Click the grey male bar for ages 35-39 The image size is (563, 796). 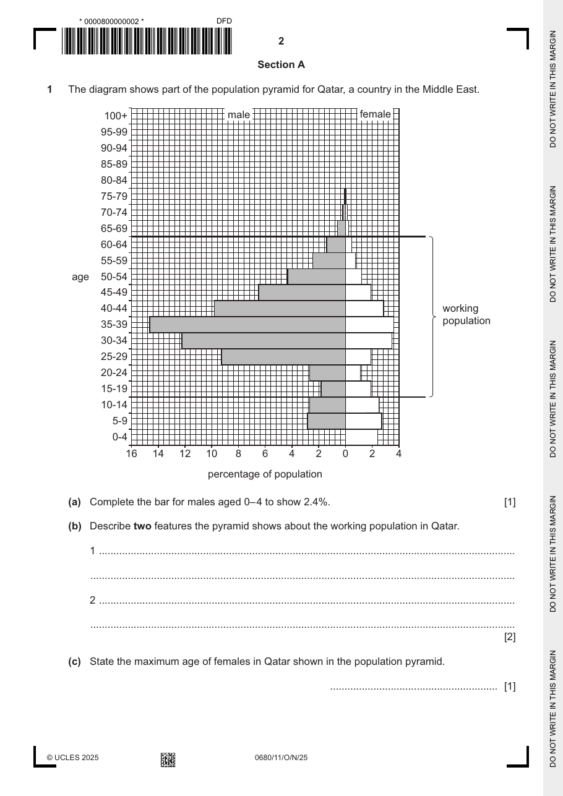pos(247,325)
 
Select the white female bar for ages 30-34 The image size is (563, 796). pos(369,340)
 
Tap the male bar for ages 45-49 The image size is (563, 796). pos(302,292)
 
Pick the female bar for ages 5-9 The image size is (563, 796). pos(364,421)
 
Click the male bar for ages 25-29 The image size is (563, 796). pos(283,356)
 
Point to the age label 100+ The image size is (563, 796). pos(116,116)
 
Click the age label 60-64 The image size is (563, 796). pos(114,244)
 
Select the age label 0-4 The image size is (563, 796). pos(119,437)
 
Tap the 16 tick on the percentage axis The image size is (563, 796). pos(132,453)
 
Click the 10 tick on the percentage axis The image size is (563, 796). pos(212,453)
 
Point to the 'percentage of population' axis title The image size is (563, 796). pos(265,474)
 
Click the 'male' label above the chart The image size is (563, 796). pos(238,115)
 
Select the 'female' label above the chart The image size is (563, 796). pos(375,114)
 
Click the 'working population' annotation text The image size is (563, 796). pos(466,314)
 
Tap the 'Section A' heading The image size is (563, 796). pos(281,65)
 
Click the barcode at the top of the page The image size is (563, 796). pos(147,41)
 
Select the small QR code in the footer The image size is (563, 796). pos(168,760)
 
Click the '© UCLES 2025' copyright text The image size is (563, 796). pos(72,758)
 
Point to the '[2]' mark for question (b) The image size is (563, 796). pos(510,637)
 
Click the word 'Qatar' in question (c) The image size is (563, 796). pos(277,662)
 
